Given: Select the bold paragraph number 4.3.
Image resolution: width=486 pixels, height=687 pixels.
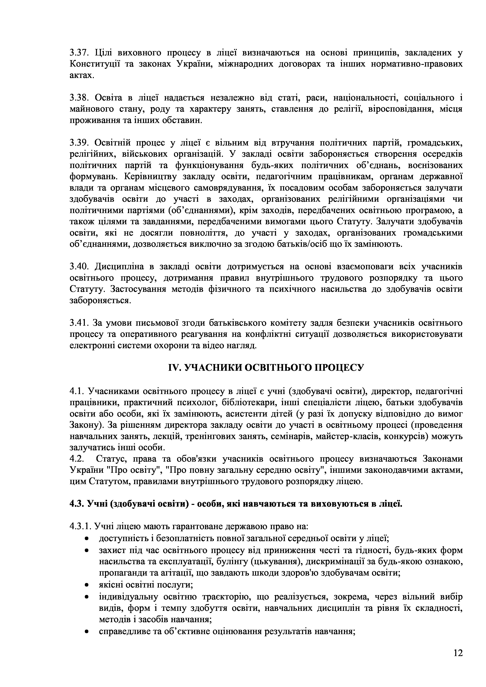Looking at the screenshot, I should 77,504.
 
